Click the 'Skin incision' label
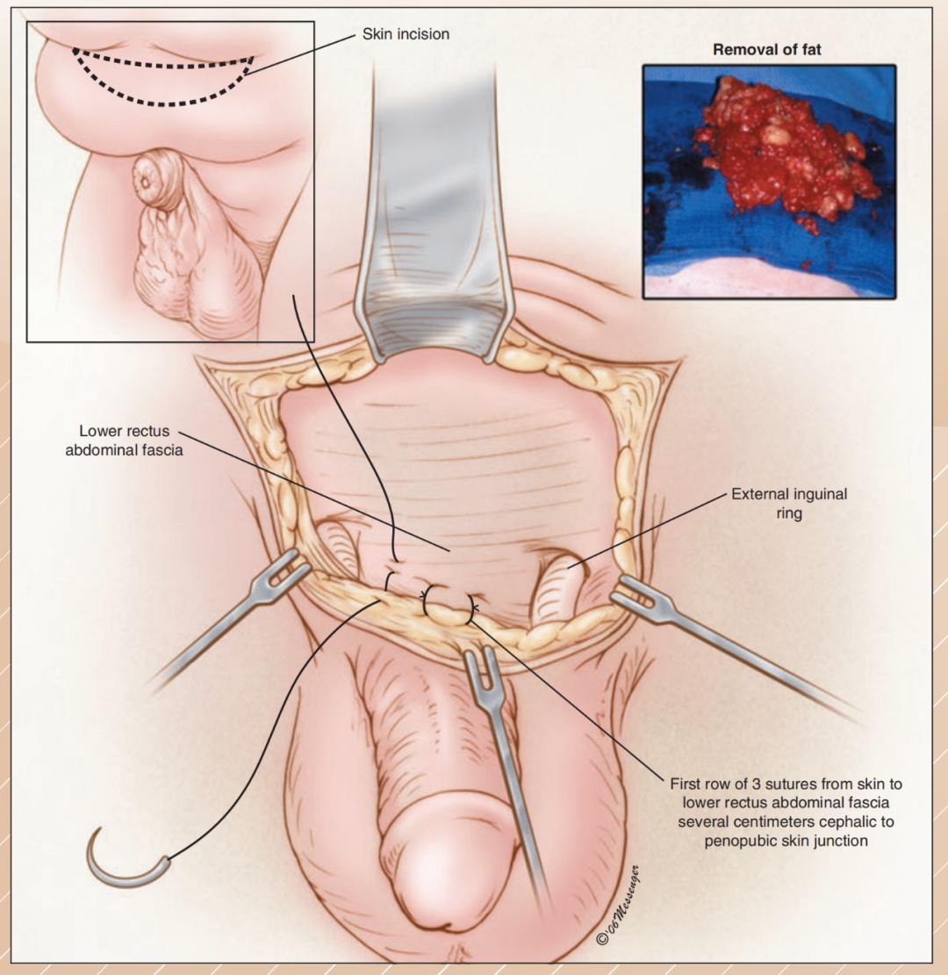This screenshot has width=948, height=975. [x=406, y=33]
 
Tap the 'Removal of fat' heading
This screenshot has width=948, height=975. [x=767, y=49]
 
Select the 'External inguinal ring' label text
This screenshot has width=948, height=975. [x=789, y=503]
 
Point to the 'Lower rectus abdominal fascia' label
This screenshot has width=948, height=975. [x=125, y=441]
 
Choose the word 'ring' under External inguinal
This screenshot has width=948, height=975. [x=789, y=513]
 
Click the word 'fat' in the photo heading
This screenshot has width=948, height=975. [x=810, y=49]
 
